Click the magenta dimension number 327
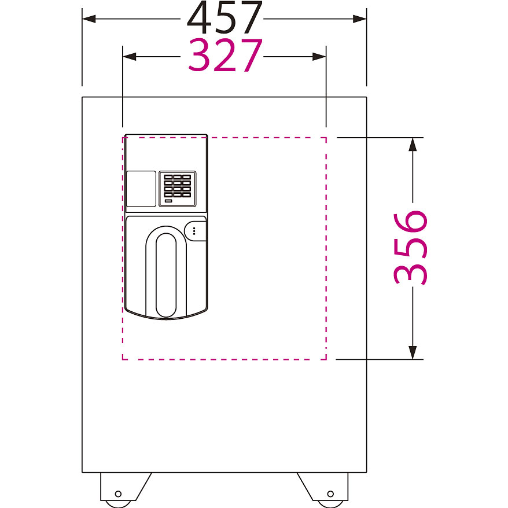point(225,55)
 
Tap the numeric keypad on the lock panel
point(177,189)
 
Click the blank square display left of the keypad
point(141,189)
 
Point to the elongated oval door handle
point(166,275)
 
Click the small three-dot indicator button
point(194,231)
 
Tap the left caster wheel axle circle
point(118,494)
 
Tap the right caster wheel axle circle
point(330,494)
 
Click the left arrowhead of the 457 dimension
point(89,19)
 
